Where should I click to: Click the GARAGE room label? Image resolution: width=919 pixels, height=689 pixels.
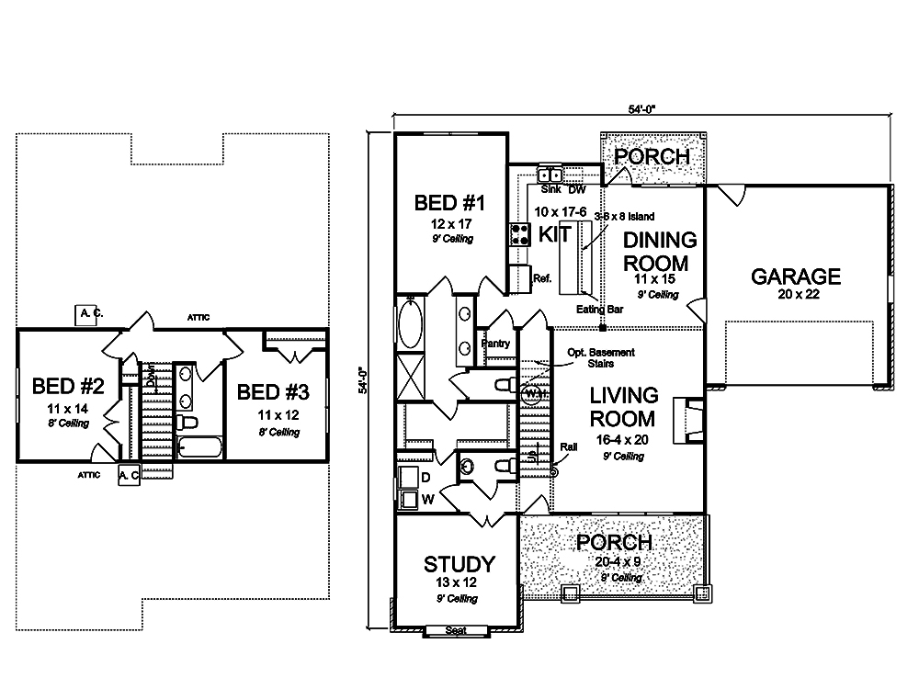[796, 276]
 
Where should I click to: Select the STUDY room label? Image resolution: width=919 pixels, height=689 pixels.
[459, 564]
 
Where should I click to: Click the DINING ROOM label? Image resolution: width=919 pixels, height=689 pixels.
[660, 250]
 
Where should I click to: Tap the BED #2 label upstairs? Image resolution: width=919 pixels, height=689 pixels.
[62, 384]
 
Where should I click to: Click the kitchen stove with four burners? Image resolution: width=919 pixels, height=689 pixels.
[521, 233]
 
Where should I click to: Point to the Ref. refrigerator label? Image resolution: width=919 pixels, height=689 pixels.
[542, 277]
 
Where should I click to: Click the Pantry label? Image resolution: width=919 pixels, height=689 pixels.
[495, 343]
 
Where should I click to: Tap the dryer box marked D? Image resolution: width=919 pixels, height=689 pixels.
[407, 477]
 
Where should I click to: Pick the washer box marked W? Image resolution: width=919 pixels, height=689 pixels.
[407, 499]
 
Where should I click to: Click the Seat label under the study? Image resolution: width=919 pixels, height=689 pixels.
[453, 630]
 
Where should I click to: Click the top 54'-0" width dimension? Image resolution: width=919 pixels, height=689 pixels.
[642, 108]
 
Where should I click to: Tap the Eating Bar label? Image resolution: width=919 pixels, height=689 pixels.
[600, 310]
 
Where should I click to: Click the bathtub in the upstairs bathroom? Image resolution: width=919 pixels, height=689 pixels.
[199, 448]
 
